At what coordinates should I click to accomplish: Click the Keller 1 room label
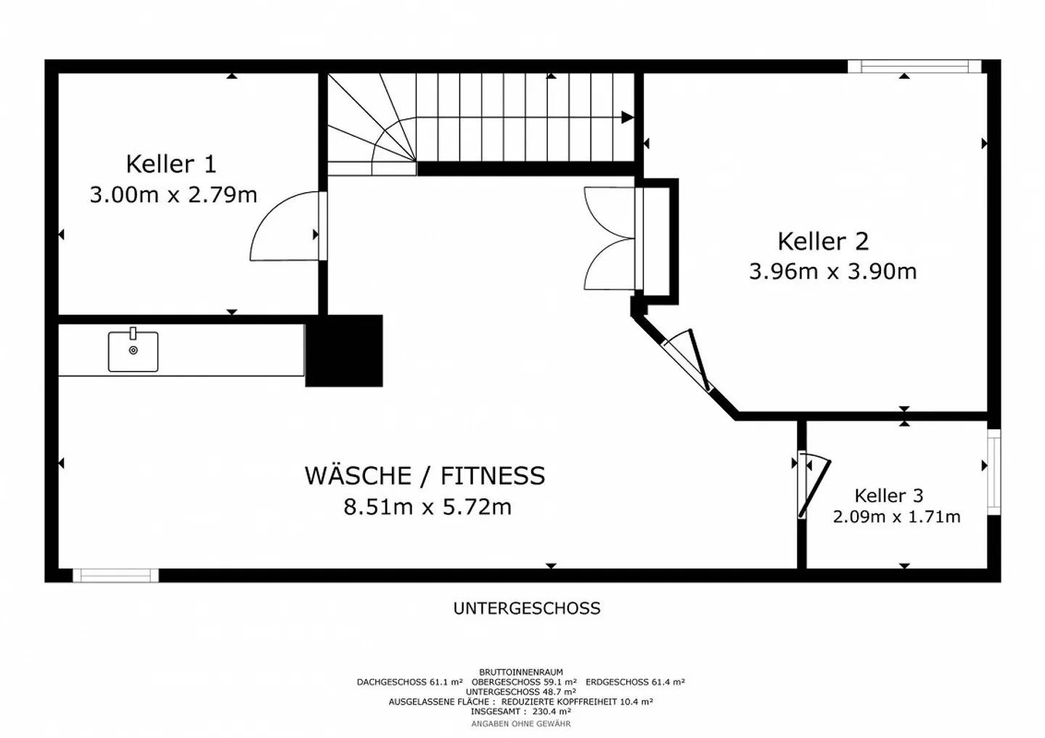[171, 164]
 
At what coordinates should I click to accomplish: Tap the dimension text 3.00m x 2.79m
[173, 195]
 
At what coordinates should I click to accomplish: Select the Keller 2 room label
[823, 241]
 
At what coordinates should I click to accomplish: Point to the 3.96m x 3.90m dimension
[832, 272]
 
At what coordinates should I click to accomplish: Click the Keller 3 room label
[888, 496]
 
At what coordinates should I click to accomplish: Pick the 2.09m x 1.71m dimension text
[896, 517]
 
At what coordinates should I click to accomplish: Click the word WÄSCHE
[358, 476]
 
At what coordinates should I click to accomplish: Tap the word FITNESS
[493, 476]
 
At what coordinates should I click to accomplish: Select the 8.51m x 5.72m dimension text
[427, 507]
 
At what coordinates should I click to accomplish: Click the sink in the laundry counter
[134, 352]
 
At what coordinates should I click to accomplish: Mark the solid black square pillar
[344, 351]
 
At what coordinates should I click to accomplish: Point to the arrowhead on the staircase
[627, 117]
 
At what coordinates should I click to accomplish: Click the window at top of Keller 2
[914, 67]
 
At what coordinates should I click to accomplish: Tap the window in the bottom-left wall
[115, 576]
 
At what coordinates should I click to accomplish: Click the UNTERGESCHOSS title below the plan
[527, 608]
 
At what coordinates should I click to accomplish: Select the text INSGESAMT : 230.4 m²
[520, 712]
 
